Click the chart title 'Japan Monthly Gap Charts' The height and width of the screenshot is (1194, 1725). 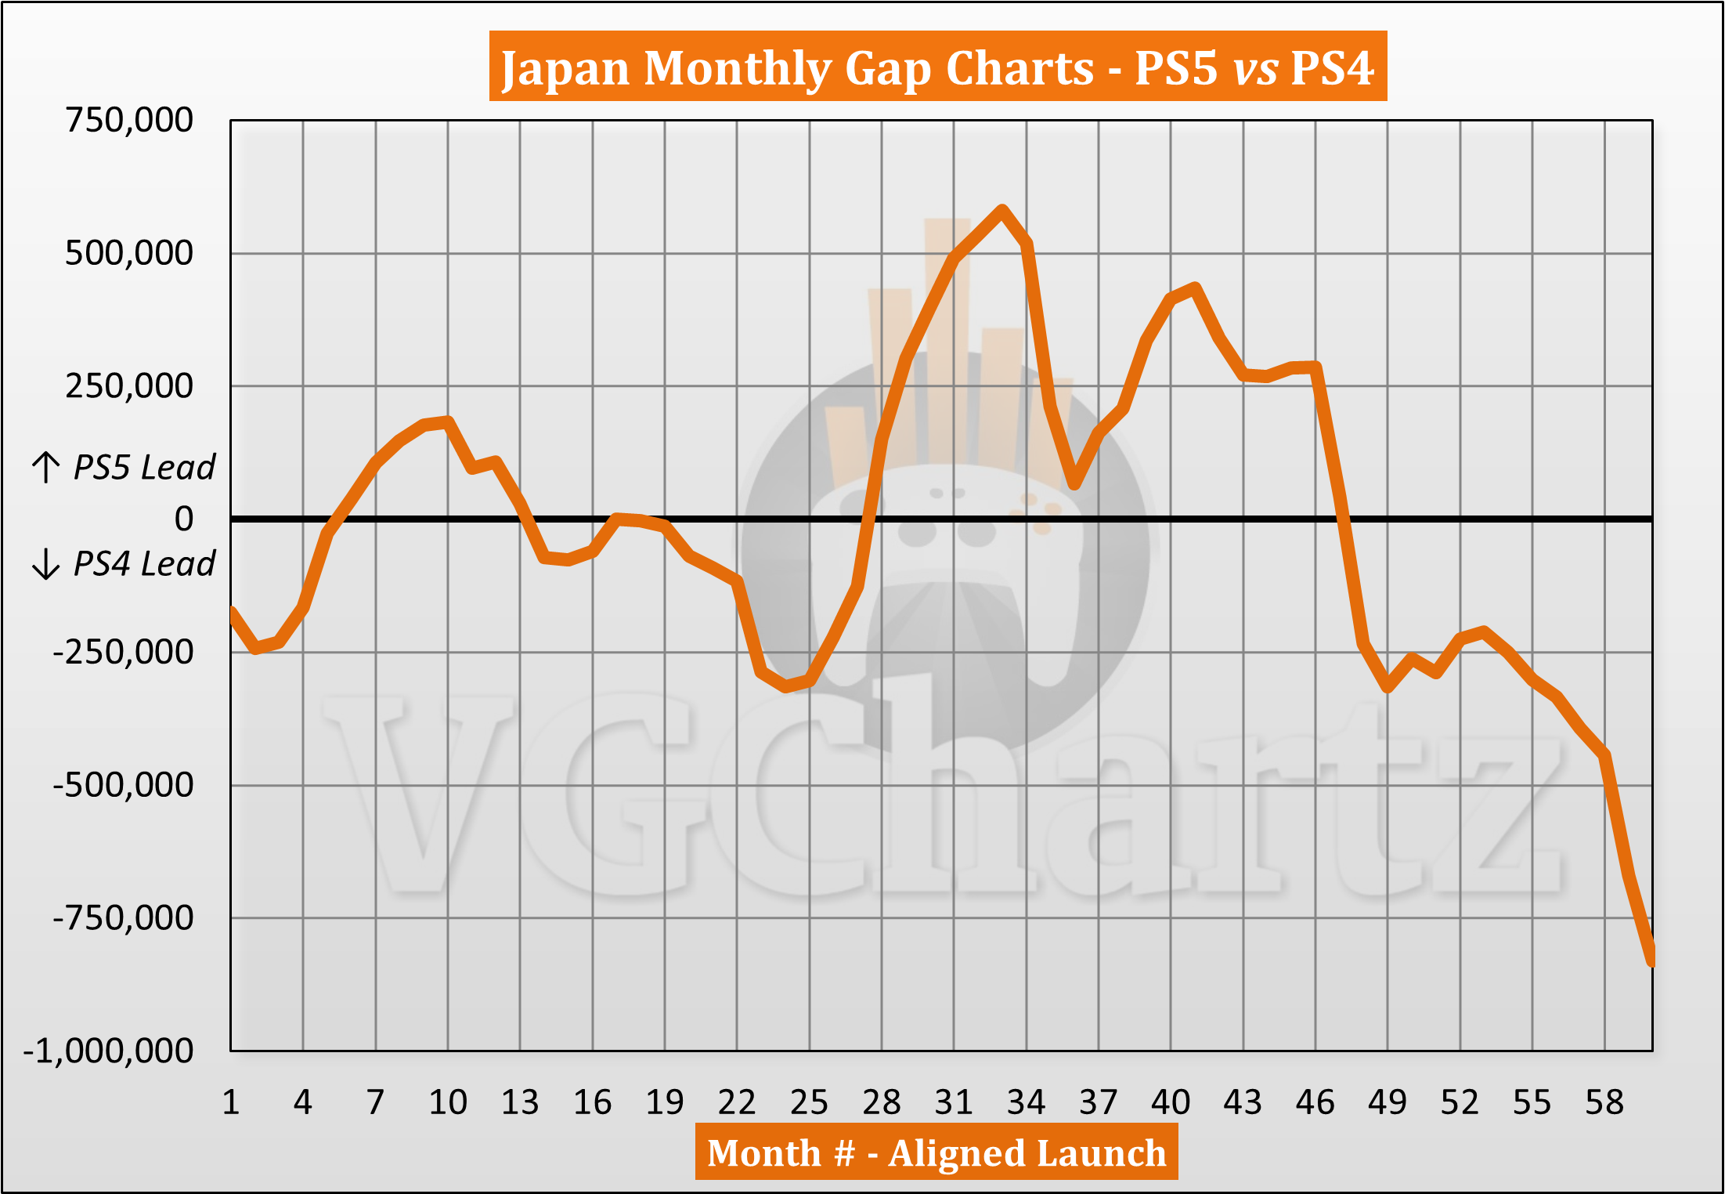tap(937, 67)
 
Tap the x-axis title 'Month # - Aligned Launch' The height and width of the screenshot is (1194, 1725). tap(936, 1152)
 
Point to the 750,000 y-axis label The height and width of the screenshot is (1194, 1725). tap(129, 121)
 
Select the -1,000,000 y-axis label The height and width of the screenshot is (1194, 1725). tap(109, 1051)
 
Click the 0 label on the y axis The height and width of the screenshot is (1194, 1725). tap(184, 519)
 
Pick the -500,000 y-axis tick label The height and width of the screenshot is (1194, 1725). tap(124, 784)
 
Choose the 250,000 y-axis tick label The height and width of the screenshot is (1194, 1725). tap(129, 386)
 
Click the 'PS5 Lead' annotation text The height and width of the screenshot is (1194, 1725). tap(144, 468)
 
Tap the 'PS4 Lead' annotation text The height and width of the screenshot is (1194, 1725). tap(144, 564)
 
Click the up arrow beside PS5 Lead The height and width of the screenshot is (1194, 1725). tap(46, 467)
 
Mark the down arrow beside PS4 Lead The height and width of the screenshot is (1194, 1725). tap(46, 564)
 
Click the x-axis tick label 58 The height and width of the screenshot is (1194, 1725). tap(1604, 1103)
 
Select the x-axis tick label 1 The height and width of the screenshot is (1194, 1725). tap(231, 1103)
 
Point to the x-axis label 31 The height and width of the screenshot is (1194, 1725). tap(954, 1103)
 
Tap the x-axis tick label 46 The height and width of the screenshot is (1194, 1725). tap(1315, 1103)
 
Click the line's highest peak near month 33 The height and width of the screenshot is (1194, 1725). tap(1002, 210)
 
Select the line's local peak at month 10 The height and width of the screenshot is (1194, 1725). tap(448, 422)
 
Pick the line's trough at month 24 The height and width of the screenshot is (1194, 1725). tap(786, 687)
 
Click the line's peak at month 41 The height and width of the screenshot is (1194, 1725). tap(1195, 288)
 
